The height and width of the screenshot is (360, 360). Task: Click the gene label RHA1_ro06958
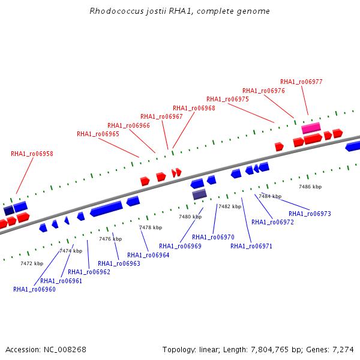[32, 154]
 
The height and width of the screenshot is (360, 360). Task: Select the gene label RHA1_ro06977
[301, 82]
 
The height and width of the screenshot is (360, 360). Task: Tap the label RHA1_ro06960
[34, 289]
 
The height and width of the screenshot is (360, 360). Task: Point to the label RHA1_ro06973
[310, 214]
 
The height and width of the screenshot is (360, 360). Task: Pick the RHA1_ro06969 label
[180, 246]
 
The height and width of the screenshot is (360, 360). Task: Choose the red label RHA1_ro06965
[98, 134]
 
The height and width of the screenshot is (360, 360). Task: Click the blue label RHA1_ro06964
[148, 255]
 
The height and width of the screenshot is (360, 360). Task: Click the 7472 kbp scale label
[32, 263]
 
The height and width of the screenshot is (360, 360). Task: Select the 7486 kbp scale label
[310, 187]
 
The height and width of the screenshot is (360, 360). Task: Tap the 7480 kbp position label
[190, 217]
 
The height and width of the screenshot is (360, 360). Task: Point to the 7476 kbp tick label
[110, 239]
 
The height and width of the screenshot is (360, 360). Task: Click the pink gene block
[311, 128]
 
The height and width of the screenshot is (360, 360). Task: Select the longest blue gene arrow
[106, 208]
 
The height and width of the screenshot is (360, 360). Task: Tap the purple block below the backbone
[200, 194]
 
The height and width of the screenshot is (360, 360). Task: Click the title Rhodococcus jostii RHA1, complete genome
[180, 11]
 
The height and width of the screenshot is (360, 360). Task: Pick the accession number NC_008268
[65, 350]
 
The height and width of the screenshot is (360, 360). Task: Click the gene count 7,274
[343, 350]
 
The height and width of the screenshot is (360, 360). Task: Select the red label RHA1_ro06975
[227, 99]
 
